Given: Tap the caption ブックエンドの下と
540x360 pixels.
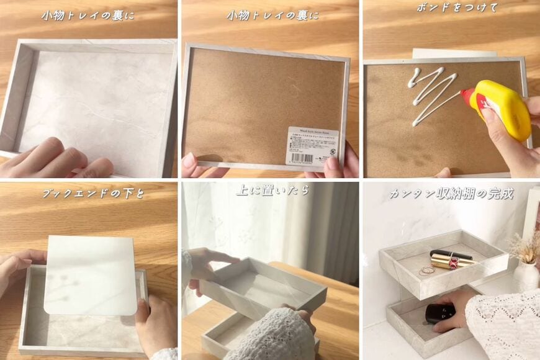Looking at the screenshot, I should pos(93,194).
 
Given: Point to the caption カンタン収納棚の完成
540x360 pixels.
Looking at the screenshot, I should pos(451,194).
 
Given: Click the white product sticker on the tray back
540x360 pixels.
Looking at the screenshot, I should pos(312,146).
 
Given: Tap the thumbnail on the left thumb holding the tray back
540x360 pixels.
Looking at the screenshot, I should pos(189,160).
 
